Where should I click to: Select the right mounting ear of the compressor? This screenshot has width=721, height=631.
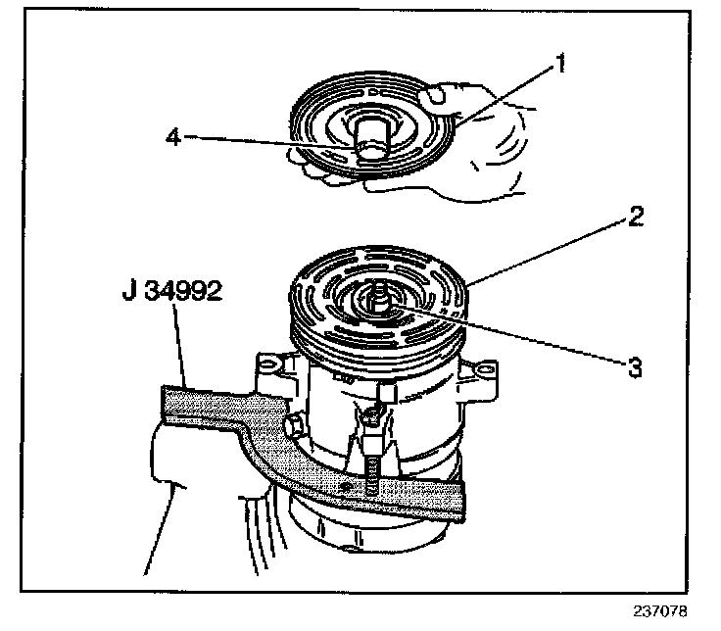tap(484, 375)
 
